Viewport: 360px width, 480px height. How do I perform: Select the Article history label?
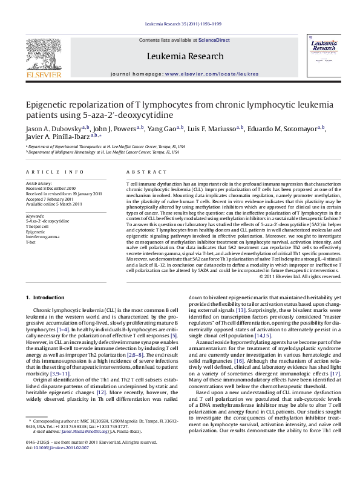40,182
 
